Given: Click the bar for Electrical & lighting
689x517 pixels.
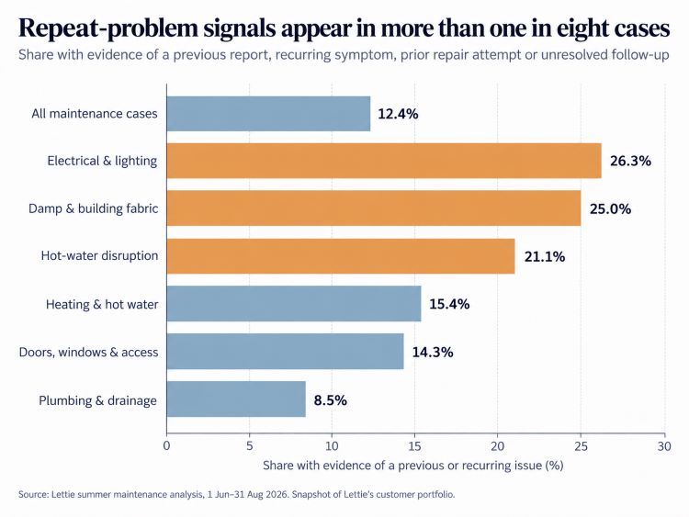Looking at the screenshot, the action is pos(384,161).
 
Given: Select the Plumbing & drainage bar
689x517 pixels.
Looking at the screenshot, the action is pos(236,399).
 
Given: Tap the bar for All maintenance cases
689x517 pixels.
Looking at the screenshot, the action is pos(268,114).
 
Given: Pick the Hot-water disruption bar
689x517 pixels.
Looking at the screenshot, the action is pos(341,256).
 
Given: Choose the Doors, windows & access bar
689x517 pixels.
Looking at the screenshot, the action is pos(285,352).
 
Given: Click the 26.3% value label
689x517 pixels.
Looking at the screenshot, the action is pos(630,162).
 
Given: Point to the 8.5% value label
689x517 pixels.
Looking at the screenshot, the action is pos(331,400).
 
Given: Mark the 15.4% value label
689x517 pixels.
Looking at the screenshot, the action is pos(449,304).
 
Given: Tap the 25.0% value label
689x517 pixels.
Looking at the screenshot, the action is pos(610,208).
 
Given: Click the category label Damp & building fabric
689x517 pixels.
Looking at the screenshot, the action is pos(93,208).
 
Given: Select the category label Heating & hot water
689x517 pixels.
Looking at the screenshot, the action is pos(102,304).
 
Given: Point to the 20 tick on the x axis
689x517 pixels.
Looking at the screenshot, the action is pos(497,446).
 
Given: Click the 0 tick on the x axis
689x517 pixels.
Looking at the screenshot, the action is pos(166,446).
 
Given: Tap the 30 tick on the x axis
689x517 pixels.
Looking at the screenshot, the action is pos(664,446).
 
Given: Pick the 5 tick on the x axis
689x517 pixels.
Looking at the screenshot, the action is pos(250,446).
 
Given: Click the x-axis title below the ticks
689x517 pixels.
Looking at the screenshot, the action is pos(413,466).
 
